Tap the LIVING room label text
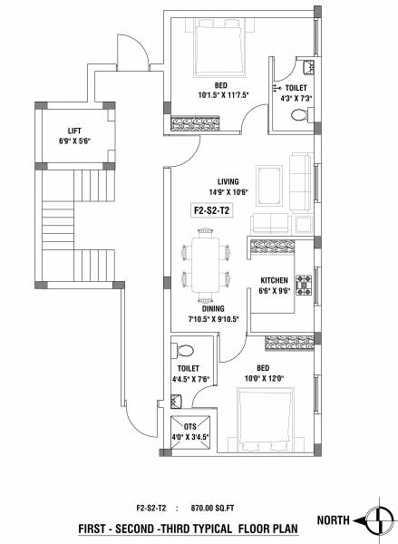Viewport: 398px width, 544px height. pos(216,180)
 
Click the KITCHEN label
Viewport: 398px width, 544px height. pos(275,280)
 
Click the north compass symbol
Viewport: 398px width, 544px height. pos(376,520)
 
